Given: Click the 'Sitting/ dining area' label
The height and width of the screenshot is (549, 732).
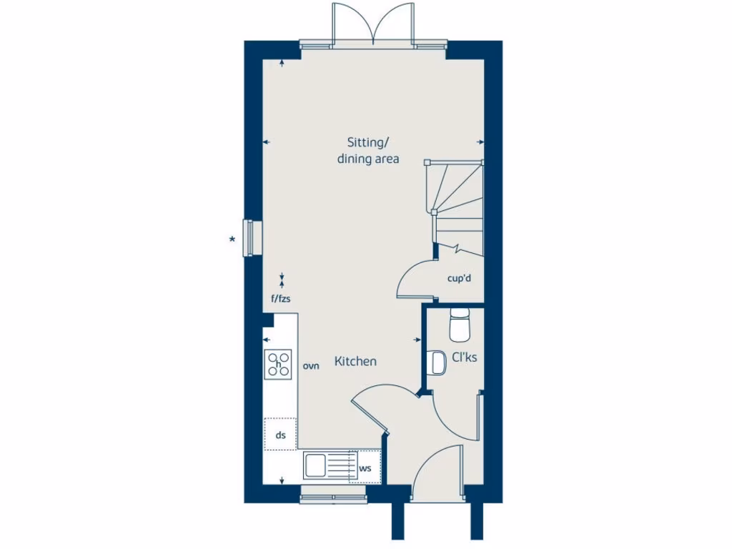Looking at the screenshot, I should tap(368, 150).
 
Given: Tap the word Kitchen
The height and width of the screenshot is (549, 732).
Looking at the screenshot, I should tap(355, 362).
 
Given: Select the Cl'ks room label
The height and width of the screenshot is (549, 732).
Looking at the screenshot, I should tap(465, 357).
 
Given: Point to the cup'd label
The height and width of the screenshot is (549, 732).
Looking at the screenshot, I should tap(459, 278).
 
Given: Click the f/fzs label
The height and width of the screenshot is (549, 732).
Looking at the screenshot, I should tap(281, 298).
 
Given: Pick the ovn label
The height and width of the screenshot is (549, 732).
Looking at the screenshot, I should tap(311, 366).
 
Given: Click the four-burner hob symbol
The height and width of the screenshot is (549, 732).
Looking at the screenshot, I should tap(279, 364).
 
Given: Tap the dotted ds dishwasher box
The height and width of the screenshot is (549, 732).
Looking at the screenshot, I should tap(280, 434).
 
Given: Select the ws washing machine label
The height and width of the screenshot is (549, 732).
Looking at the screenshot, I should tap(365, 468).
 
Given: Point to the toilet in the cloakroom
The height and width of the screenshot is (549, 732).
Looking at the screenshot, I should tap(457, 326).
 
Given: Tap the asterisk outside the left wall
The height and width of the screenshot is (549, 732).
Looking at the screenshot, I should tap(232, 239).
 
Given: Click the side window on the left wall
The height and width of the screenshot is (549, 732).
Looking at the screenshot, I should tap(249, 237).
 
